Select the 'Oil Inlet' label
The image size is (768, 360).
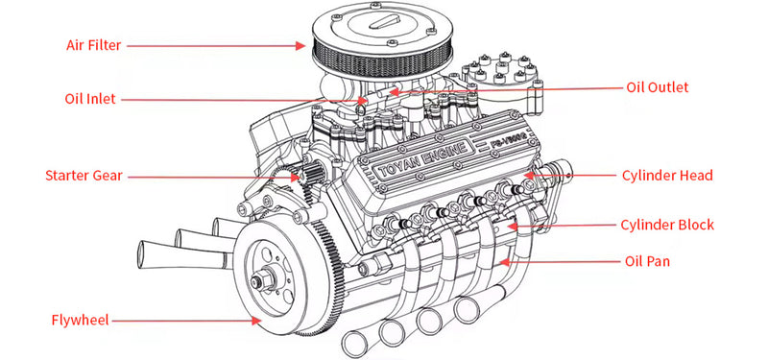point(90,98)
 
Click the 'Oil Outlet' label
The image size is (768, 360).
point(658,87)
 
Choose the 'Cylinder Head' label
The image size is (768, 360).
point(666,176)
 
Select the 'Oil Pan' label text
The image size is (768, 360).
point(648,261)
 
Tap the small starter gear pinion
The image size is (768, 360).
point(308,177)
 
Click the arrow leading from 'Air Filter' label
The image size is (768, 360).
point(211,44)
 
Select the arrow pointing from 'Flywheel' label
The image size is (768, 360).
point(192,320)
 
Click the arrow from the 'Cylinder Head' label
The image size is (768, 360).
point(566,177)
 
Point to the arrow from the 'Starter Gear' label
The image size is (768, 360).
point(211,176)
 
